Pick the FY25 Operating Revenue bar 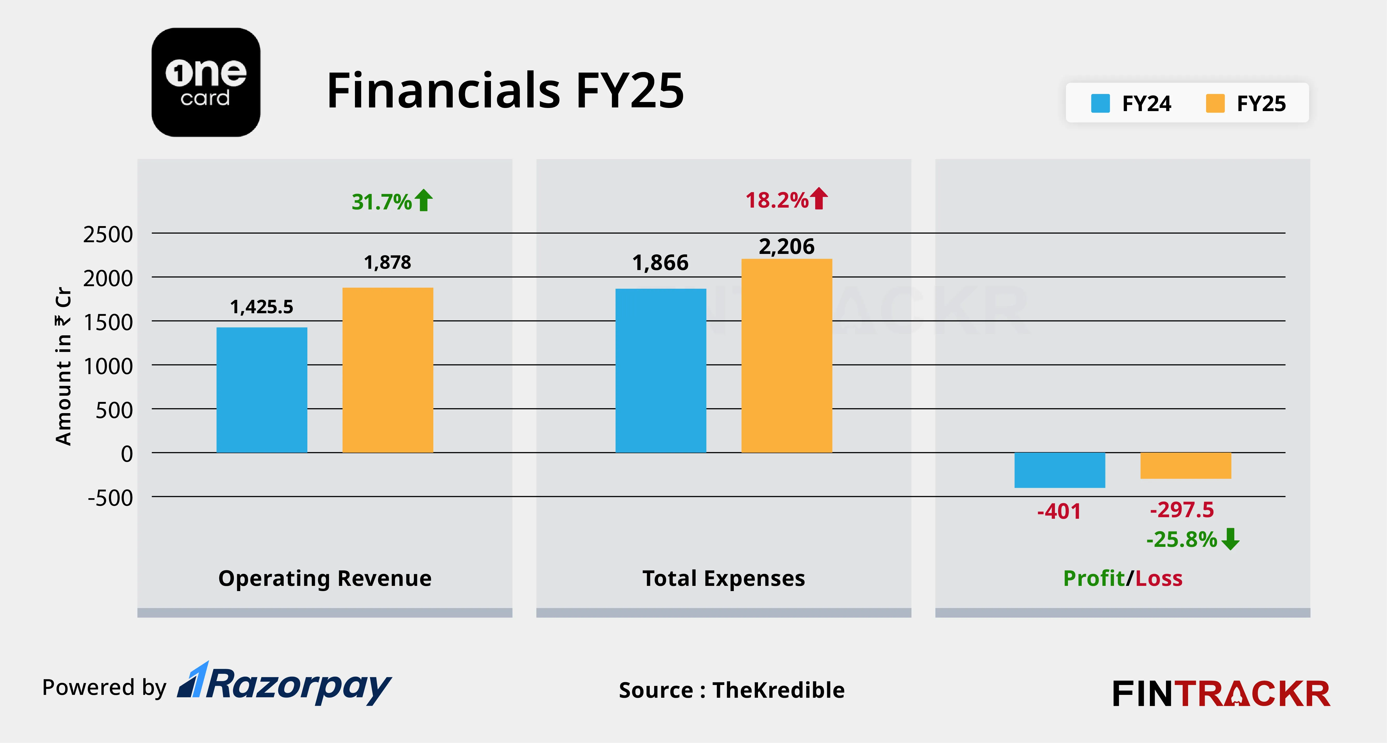[388, 370]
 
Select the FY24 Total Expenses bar [661, 371]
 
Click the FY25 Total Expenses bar [787, 356]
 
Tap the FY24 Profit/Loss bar [1060, 470]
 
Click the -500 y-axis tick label [110, 498]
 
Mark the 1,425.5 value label [262, 307]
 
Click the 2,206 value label [787, 247]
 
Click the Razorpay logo [285, 684]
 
